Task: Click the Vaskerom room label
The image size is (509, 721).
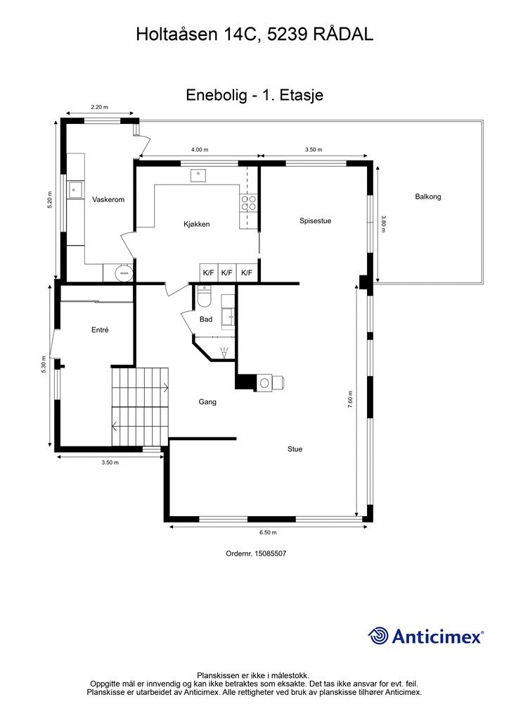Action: click(108, 199)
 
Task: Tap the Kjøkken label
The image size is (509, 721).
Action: click(196, 225)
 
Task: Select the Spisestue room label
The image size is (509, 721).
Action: click(316, 220)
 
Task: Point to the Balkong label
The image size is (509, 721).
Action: click(427, 197)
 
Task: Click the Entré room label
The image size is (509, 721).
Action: click(100, 330)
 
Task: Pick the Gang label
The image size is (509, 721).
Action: click(207, 402)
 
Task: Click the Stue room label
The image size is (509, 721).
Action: click(295, 449)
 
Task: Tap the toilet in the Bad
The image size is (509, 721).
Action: click(204, 296)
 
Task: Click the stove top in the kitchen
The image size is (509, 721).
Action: click(248, 203)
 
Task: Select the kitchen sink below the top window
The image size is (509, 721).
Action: click(198, 175)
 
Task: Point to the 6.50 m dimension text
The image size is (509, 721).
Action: click(268, 532)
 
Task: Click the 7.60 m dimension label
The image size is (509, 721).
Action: click(350, 400)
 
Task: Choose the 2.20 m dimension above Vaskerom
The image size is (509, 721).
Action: click(99, 107)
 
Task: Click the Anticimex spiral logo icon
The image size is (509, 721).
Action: click(378, 636)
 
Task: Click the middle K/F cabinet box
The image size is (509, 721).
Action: click(227, 272)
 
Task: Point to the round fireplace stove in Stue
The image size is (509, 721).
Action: click(265, 382)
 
